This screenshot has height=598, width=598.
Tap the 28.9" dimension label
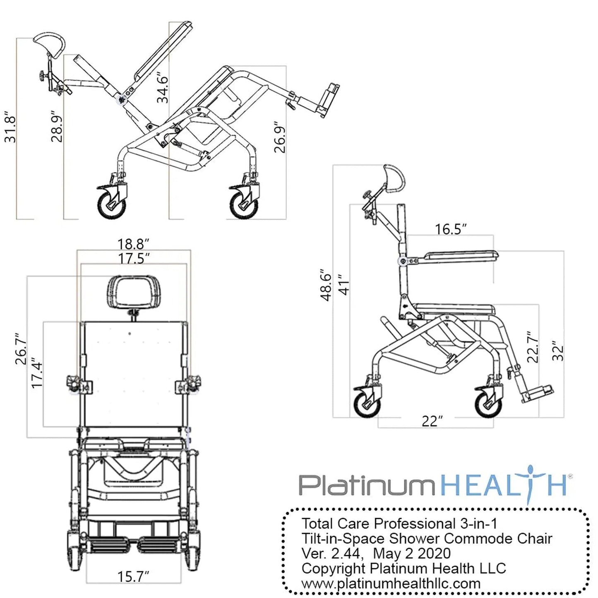click(57, 126)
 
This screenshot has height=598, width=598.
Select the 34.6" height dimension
click(162, 89)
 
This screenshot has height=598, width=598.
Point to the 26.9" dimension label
click(280, 137)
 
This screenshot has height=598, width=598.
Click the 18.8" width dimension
click(133, 244)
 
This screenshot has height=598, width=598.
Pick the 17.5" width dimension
click(133, 259)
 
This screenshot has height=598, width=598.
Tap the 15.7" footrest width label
click(133, 576)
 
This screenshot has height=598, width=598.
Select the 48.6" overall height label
click(327, 287)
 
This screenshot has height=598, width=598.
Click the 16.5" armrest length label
click(451, 229)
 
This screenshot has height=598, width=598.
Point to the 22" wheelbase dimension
click(432, 421)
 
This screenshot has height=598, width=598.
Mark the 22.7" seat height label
click(533, 347)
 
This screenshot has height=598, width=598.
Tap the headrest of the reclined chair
click(50, 43)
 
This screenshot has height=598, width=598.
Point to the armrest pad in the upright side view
click(459, 256)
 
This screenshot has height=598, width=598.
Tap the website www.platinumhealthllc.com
click(391, 584)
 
